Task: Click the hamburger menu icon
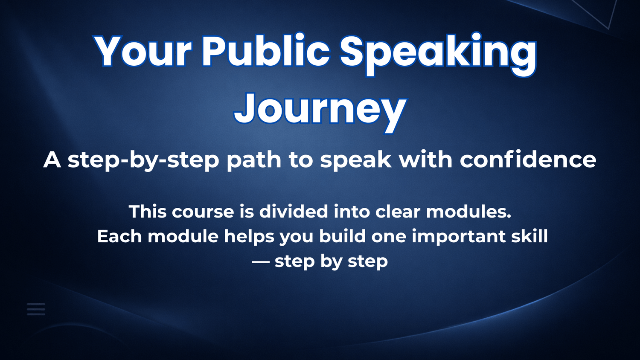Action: click(x=36, y=309)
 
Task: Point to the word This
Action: click(x=148, y=212)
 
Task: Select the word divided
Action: click(x=294, y=212)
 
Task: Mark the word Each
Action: click(x=119, y=237)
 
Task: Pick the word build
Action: click(x=342, y=237)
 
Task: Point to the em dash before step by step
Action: click(x=261, y=261)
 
